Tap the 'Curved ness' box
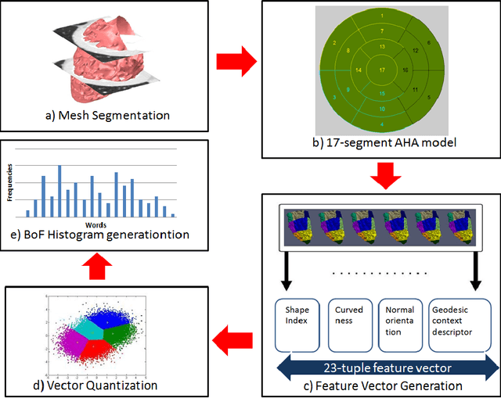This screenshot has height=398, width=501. pyautogui.click(x=345, y=323)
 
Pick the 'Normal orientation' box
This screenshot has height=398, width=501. pyautogui.click(x=398, y=323)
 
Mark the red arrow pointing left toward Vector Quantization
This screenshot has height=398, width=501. pyautogui.click(x=232, y=338)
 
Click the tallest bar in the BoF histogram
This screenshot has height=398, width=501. pyautogui.click(x=59, y=191)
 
